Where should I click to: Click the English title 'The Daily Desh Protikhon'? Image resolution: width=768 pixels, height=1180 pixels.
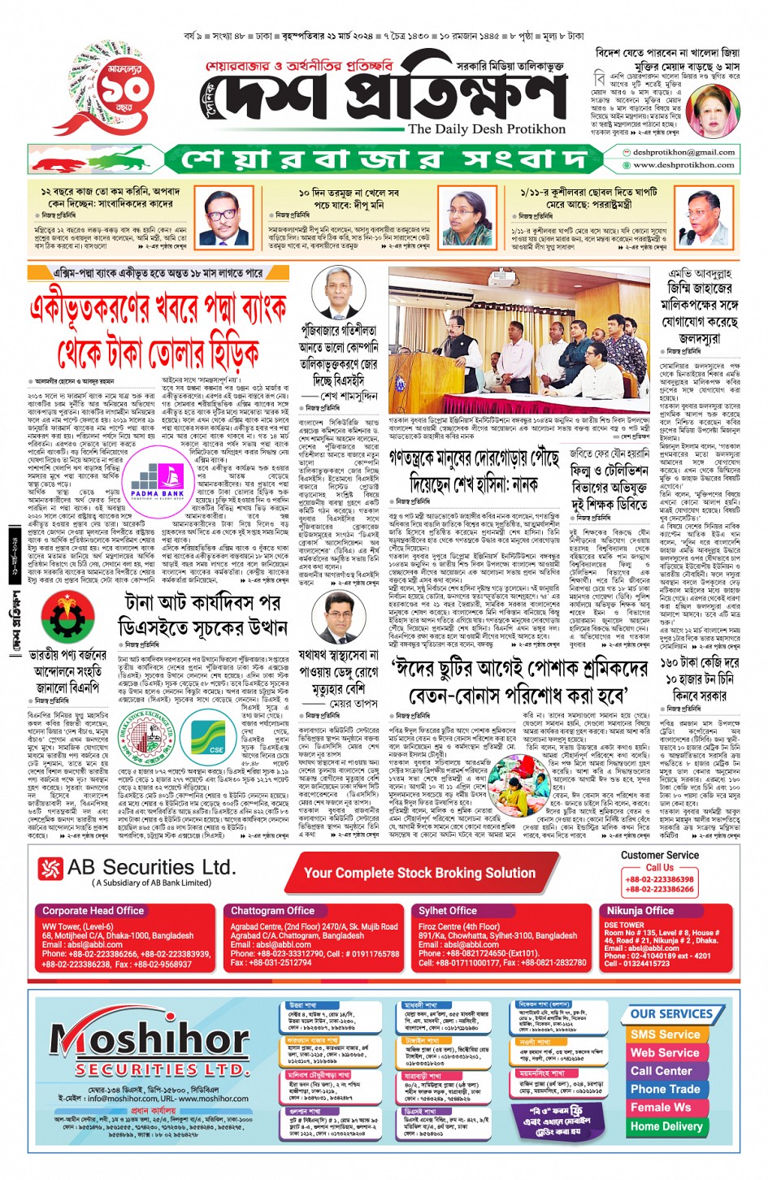click(x=486, y=129)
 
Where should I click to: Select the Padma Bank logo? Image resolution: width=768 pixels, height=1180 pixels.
click(x=158, y=482)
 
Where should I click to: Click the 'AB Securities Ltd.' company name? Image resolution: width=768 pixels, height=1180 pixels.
click(x=151, y=868)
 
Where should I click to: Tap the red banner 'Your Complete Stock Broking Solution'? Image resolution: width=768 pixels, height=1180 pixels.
click(x=419, y=873)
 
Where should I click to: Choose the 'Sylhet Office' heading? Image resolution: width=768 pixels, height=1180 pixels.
click(x=448, y=911)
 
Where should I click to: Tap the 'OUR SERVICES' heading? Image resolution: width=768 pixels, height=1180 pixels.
click(x=671, y=1013)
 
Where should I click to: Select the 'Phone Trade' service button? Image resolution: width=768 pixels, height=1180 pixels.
click(x=665, y=1089)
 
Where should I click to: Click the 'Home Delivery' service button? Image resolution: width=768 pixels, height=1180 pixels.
click(x=666, y=1126)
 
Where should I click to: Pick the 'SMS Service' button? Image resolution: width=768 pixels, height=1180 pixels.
click(x=665, y=1035)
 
